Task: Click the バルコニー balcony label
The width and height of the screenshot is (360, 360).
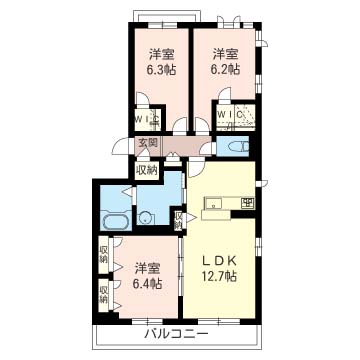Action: [x=176, y=333]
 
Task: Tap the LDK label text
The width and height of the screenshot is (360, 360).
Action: [x=219, y=261]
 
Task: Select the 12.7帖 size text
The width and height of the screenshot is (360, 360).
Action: [x=219, y=276]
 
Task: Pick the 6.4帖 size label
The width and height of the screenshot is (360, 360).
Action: [x=147, y=284]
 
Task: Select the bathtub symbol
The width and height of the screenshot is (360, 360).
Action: [x=116, y=221]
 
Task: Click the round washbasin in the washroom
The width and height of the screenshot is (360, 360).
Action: [x=145, y=218]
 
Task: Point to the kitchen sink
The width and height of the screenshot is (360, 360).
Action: [x=213, y=202]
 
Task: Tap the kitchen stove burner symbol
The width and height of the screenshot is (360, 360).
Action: [x=248, y=202]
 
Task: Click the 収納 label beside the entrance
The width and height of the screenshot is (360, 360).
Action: [x=147, y=170]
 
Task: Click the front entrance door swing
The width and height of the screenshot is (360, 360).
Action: [x=121, y=146]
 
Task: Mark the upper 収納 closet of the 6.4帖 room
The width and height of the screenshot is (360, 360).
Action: [x=104, y=255]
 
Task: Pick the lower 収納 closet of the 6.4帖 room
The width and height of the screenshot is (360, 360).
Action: [x=104, y=294]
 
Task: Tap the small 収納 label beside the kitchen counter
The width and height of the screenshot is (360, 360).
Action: [x=179, y=221]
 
